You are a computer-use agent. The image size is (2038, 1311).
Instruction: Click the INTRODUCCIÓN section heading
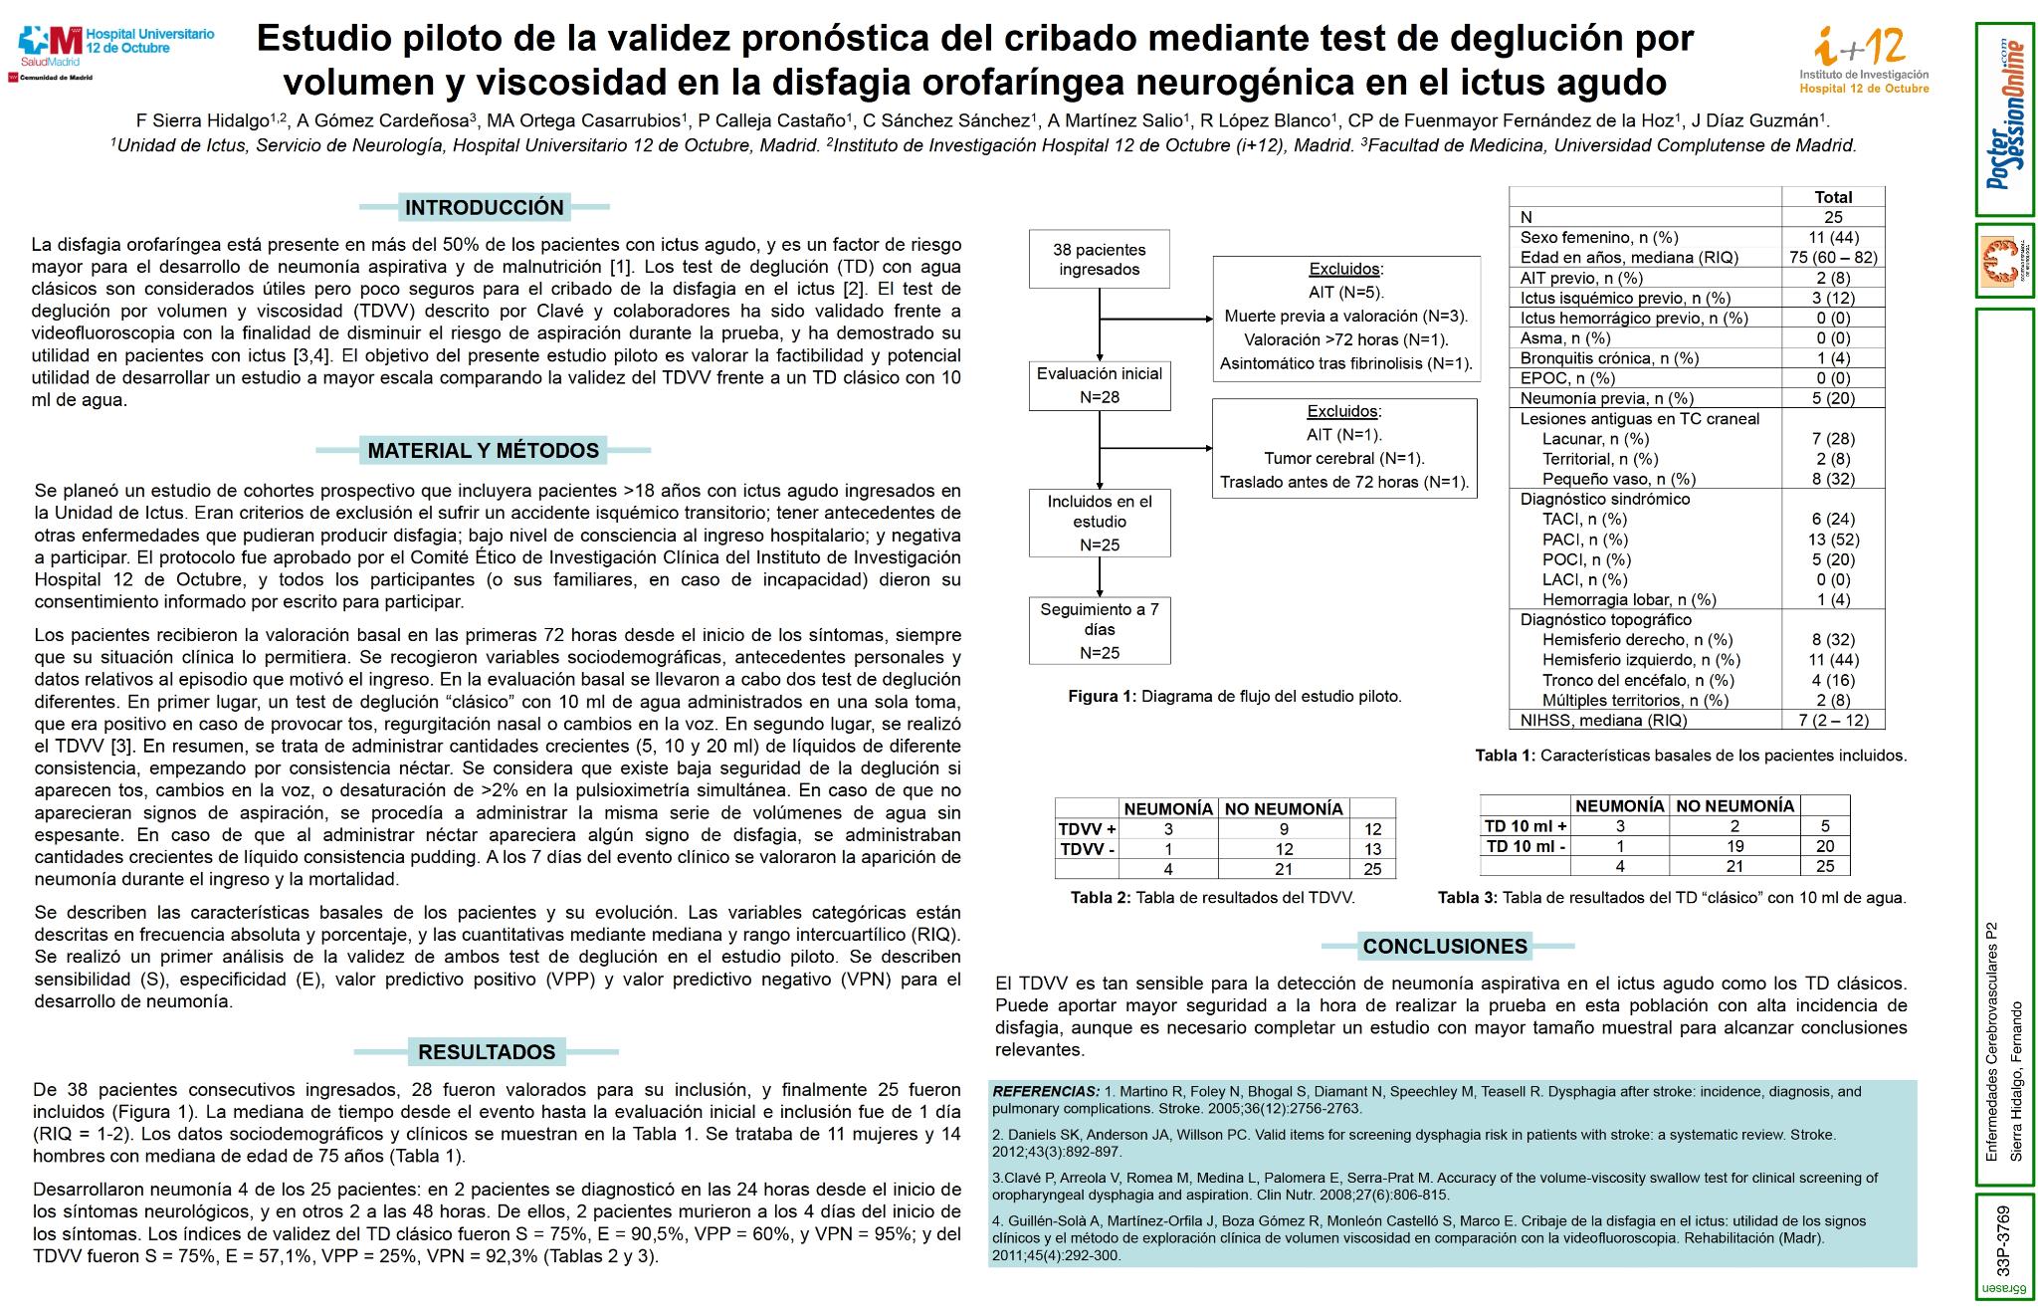coord(484,208)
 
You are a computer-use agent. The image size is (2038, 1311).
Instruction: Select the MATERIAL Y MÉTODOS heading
coord(483,451)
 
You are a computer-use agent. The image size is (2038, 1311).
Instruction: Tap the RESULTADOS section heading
coord(486,1052)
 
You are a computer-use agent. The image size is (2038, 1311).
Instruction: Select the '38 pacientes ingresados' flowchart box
coord(1099,260)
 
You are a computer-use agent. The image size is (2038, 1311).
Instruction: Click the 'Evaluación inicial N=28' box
coord(1099,385)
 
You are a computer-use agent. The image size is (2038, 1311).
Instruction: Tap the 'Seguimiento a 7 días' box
coord(1099,630)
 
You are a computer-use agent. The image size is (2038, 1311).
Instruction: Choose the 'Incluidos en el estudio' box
coord(1099,523)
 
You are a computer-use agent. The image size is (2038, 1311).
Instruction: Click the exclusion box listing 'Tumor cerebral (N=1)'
coord(1343,447)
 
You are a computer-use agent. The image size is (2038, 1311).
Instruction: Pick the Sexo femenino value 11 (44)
coord(1832,238)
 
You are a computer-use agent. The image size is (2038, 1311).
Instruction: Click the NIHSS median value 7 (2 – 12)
coord(1832,721)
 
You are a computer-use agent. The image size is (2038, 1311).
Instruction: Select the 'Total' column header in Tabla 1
coord(1832,197)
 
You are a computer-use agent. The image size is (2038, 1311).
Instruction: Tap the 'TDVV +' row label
coord(1087,829)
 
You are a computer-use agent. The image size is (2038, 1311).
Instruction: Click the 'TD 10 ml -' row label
coord(1525,846)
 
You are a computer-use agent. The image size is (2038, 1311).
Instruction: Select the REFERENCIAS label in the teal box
coord(1045,1092)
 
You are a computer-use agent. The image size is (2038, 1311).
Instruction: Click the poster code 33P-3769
coord(2002,1242)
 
